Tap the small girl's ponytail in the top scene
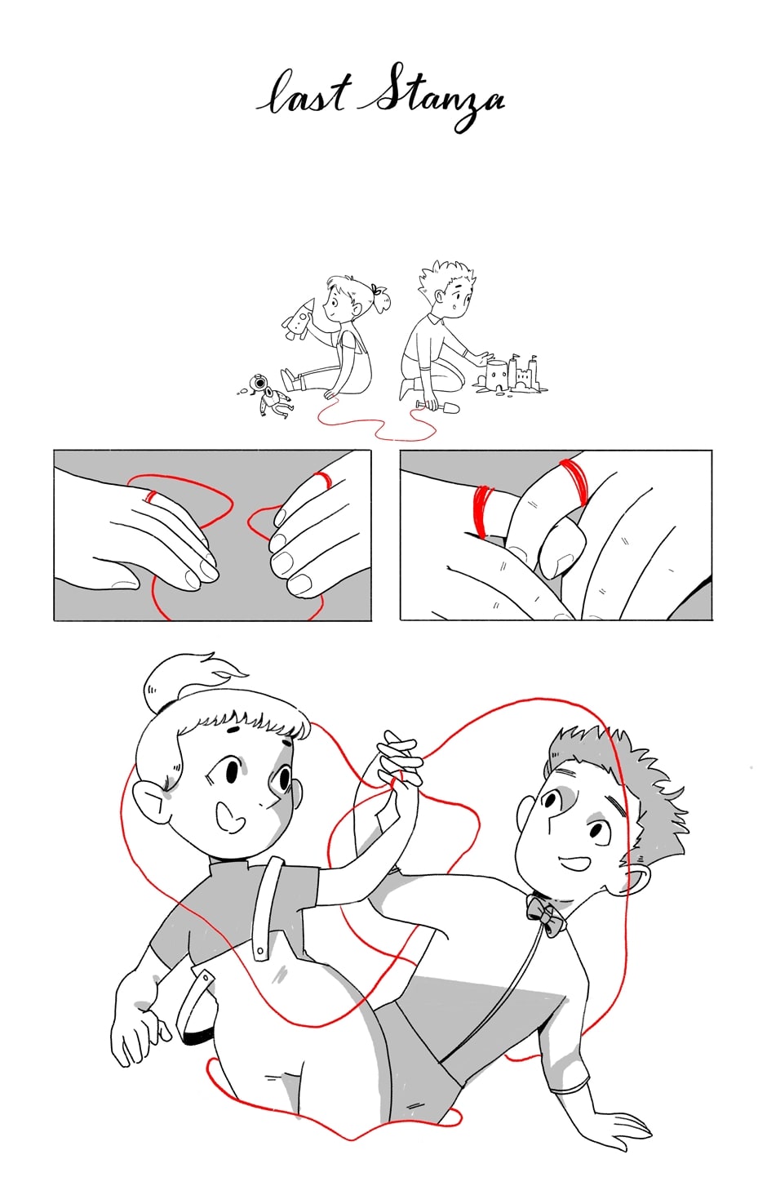tap(380, 298)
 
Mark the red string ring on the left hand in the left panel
tap(152, 496)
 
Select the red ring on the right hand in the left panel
tap(323, 479)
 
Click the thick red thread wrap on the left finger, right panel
tap(483, 511)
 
